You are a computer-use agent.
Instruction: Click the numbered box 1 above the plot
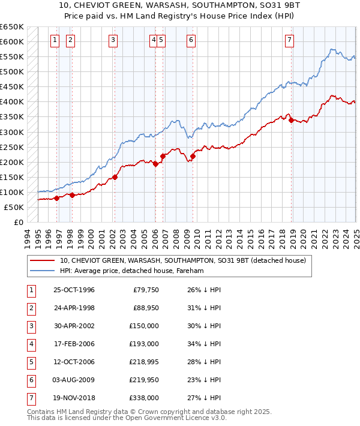55,40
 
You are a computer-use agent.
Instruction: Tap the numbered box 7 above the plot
289,40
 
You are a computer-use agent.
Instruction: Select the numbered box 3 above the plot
113,40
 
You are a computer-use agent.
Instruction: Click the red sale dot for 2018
291,120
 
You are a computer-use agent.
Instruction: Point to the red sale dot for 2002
115,177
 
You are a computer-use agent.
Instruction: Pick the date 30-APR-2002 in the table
74,327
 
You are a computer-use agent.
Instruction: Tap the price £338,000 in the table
145,397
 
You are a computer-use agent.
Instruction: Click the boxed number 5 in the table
31,362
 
